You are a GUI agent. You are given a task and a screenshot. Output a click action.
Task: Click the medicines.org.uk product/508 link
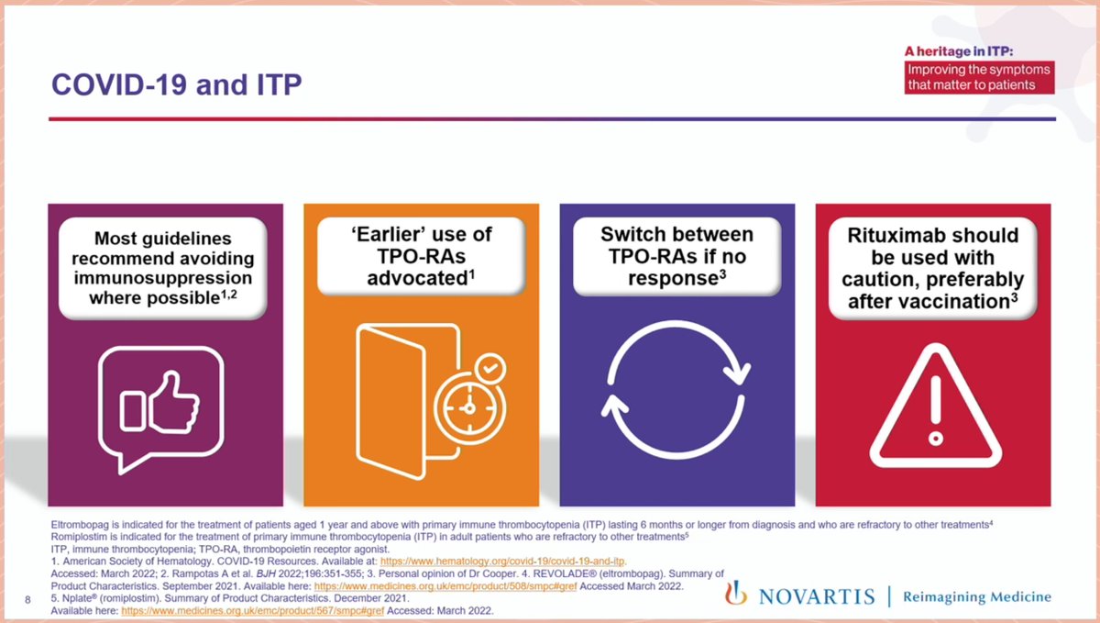point(445,584)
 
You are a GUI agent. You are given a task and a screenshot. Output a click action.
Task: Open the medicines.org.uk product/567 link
point(251,609)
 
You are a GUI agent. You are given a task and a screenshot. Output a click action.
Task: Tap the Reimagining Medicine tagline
point(977,596)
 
